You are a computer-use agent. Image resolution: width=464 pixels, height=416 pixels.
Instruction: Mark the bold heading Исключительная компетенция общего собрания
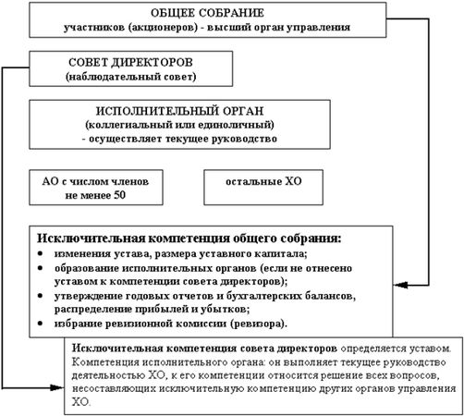[189, 237]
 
